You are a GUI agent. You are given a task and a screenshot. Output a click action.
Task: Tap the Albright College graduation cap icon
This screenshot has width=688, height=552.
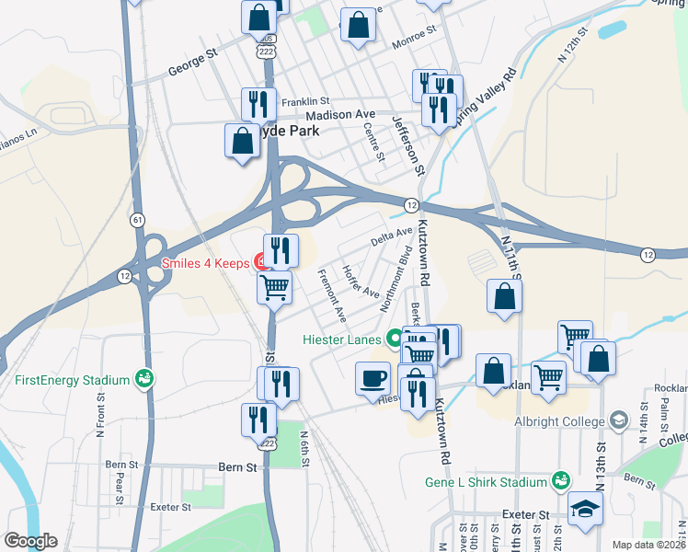coord(619,420)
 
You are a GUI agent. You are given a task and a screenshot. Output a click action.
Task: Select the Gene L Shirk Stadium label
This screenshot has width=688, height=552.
coord(487,482)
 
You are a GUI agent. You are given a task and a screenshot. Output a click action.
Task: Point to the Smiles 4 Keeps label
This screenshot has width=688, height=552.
coord(205,262)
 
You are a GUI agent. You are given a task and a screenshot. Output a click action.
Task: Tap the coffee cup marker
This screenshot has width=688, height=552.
coord(373,378)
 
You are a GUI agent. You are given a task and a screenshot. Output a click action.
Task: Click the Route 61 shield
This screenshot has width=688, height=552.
coord(137,220)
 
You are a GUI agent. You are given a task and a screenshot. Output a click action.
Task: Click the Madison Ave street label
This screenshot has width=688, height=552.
coord(340,115)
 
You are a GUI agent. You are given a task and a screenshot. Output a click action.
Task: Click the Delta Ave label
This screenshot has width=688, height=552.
coord(392,236)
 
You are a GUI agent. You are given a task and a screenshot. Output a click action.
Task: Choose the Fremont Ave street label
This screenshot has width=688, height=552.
coord(330,294)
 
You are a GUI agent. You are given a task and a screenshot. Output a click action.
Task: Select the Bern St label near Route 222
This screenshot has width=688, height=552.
coord(238,467)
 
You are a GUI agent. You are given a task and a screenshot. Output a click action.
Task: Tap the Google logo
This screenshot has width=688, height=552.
coord(30,541)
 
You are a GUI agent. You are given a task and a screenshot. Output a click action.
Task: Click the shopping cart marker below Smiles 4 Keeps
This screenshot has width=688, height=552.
coord(275,288)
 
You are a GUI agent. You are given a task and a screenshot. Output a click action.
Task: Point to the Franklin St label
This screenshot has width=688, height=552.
coord(305,100)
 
